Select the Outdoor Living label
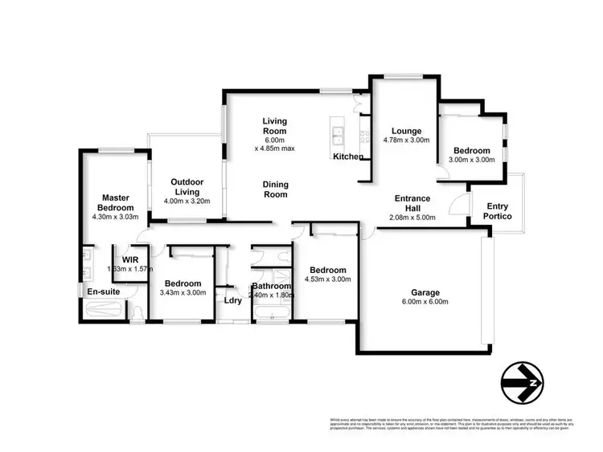[186, 187]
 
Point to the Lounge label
[407, 131]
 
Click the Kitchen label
[349, 157]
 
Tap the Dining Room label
[276, 189]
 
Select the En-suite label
[102, 291]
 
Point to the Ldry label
[233, 301]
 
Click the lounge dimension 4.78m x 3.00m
[407, 140]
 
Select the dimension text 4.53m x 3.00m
[326, 280]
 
